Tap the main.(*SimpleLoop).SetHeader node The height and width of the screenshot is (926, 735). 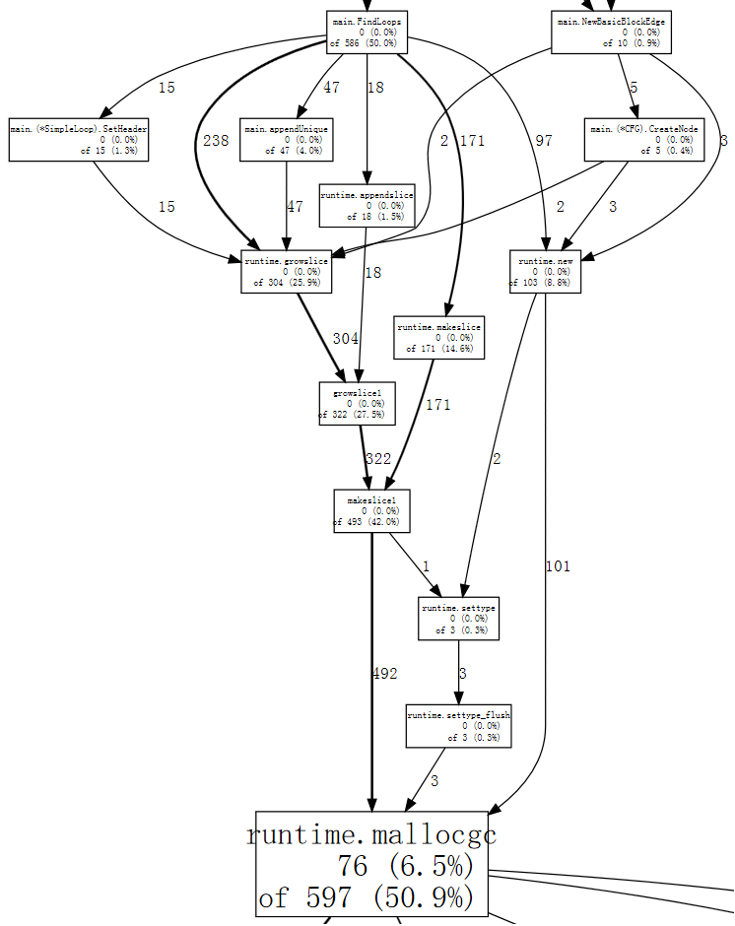(79, 140)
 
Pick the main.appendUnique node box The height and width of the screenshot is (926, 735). (287, 140)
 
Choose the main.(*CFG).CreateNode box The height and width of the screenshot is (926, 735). (644, 140)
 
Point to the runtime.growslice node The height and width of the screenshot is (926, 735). (286, 272)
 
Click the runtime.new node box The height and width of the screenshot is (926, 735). (545, 272)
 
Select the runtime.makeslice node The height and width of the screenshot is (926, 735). (439, 337)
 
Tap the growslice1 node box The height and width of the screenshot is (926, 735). (357, 403)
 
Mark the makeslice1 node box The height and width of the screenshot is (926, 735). (370, 510)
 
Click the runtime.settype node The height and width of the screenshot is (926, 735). (458, 619)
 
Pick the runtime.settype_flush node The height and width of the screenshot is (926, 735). (458, 726)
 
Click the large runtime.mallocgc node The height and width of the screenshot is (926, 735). (371, 865)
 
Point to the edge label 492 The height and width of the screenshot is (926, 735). (385, 674)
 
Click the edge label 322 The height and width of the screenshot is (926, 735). (378, 458)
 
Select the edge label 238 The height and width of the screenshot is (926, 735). (216, 141)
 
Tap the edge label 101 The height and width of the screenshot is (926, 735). (557, 565)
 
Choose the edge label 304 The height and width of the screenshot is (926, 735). (346, 339)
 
